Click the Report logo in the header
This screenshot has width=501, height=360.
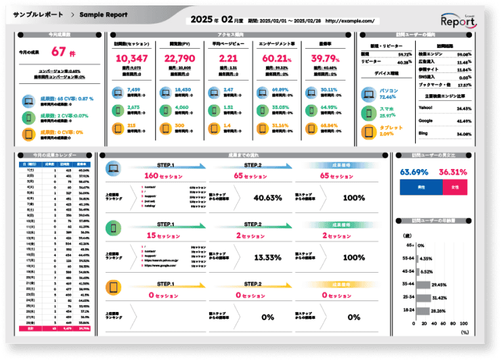458,21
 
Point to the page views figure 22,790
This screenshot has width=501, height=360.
179,59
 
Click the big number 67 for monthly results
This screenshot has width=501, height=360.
58,51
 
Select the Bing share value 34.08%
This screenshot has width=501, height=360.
464,134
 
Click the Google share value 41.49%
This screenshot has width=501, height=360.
464,121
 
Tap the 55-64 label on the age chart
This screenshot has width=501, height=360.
408,258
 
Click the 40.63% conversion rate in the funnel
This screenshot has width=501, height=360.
267,198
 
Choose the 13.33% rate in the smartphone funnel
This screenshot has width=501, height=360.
267,257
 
